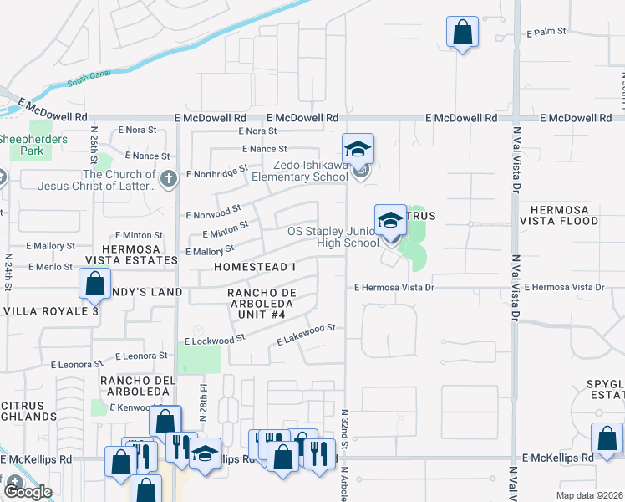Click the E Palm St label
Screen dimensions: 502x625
coord(546,32)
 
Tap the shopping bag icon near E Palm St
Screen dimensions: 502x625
coord(461,33)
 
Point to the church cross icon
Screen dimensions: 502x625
coord(169,178)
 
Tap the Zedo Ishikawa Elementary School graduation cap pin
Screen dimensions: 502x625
coord(358,150)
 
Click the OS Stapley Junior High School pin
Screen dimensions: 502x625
coord(389,220)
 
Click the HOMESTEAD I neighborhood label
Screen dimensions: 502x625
coord(255,266)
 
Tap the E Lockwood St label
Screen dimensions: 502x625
coord(215,340)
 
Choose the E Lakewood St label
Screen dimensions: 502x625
coord(306,335)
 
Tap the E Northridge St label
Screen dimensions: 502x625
coord(216,172)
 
